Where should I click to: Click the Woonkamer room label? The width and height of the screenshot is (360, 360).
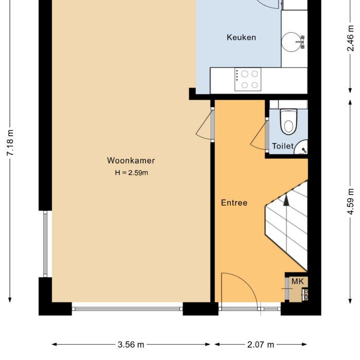pyautogui.click(x=131, y=160)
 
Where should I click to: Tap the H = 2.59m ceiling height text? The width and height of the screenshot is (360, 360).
pyautogui.click(x=131, y=173)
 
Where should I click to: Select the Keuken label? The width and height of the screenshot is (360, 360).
pyautogui.click(x=241, y=38)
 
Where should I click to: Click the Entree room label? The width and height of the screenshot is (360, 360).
pyautogui.click(x=234, y=203)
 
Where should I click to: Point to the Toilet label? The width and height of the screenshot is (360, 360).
pyautogui.click(x=282, y=146)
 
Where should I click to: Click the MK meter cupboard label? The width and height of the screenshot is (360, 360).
pyautogui.click(x=298, y=281)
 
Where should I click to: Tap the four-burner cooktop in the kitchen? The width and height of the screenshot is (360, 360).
pyautogui.click(x=247, y=80)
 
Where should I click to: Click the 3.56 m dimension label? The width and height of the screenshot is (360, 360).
pyautogui.click(x=131, y=345)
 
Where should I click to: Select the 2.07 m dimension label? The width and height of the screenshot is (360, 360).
pyautogui.click(x=260, y=345)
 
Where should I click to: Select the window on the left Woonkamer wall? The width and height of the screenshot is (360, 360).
pyautogui.click(x=45, y=243)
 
